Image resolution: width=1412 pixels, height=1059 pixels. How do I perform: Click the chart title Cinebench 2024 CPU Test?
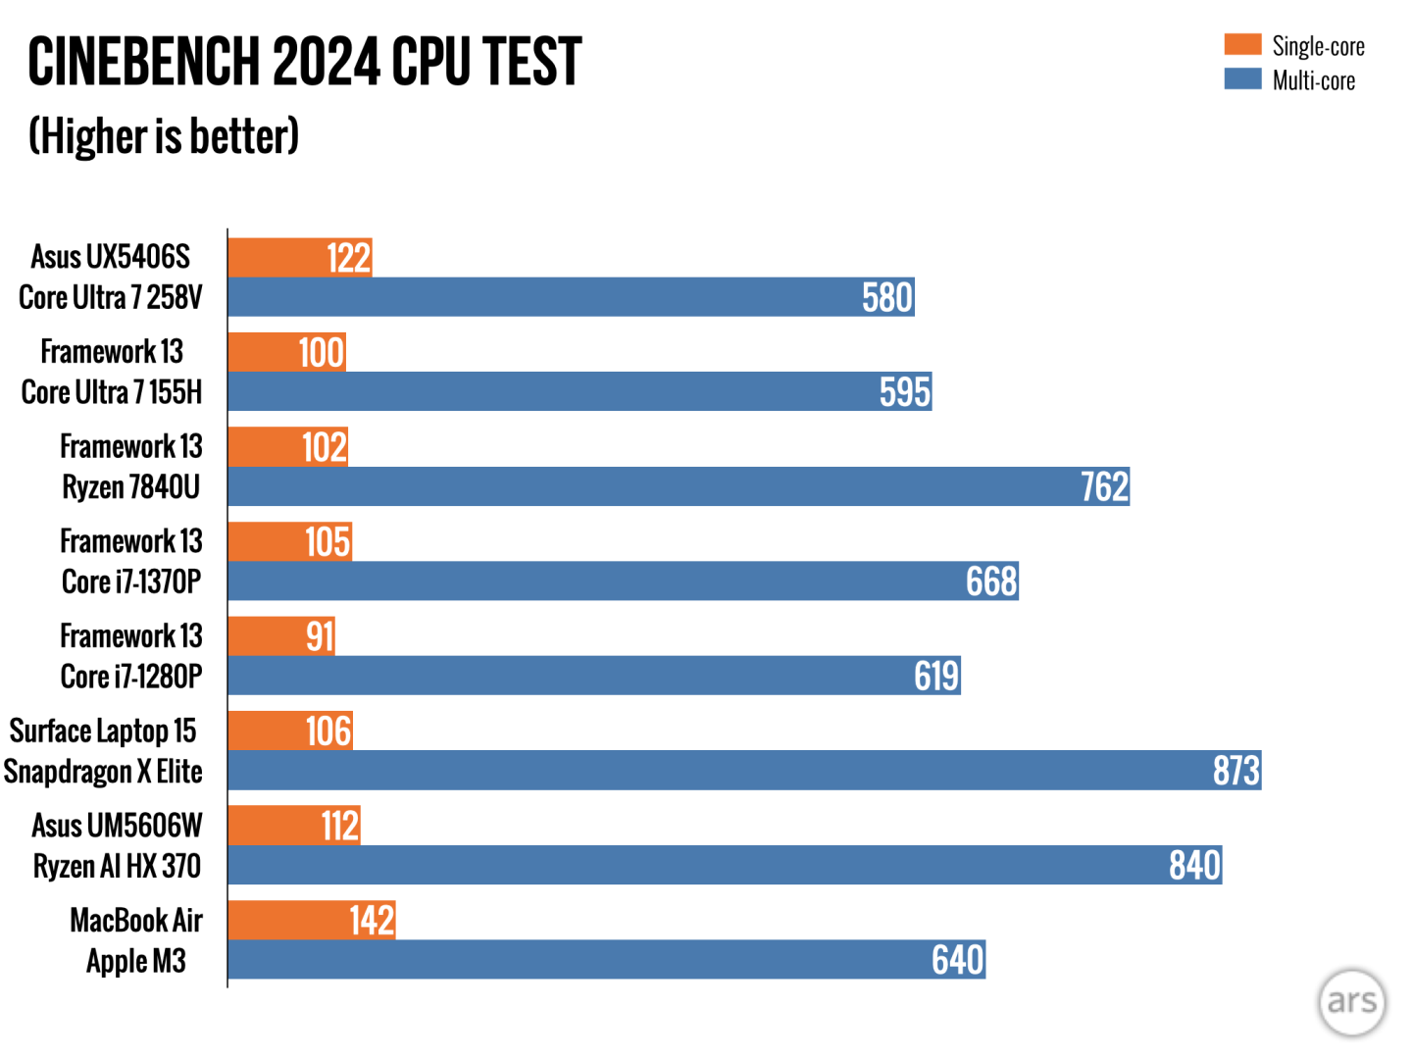(305, 62)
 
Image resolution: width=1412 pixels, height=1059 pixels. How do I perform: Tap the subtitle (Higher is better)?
(164, 136)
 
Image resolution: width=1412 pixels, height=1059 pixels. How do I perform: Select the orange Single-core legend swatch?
(1242, 44)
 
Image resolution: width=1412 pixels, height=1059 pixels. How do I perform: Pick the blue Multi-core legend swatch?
(1242, 78)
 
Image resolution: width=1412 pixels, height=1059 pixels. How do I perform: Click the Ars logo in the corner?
(1351, 1001)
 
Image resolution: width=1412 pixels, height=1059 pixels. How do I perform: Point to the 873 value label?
(1235, 771)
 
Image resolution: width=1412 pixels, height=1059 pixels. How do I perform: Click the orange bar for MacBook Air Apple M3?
(311, 920)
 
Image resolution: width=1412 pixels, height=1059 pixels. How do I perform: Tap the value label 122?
(348, 258)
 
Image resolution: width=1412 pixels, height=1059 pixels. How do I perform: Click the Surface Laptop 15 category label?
(103, 731)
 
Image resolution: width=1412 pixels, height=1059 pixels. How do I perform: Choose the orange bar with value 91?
(280, 635)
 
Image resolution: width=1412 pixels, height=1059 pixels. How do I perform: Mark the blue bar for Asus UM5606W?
(725, 865)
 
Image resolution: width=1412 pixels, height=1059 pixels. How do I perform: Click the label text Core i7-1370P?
(131, 581)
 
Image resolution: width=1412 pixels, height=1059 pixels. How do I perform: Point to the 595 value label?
(904, 392)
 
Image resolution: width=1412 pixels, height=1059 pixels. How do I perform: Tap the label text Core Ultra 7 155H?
(112, 392)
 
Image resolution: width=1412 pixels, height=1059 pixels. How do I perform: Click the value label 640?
(957, 960)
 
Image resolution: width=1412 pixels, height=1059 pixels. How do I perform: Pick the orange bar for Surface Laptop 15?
(290, 731)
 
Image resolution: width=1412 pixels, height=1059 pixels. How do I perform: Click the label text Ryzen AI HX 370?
(117, 866)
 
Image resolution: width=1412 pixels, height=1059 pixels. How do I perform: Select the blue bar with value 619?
(594, 676)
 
